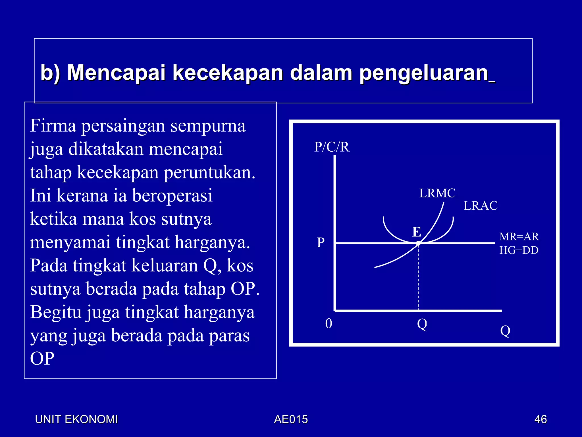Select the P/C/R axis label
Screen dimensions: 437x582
332,147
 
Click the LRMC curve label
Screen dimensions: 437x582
437,193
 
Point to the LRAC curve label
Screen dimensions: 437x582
481,206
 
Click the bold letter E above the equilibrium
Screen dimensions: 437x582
417,232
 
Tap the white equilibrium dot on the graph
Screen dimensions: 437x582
418,243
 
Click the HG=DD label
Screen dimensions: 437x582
519,250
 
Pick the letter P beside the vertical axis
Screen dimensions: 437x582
321,243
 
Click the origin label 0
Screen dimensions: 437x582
329,323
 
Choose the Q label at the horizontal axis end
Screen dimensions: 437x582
505,331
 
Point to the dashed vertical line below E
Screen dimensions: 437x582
418,279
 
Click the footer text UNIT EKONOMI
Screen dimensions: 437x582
76,419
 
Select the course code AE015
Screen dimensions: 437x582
291,419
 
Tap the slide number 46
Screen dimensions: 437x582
541,419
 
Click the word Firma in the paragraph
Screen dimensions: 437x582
53,126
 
